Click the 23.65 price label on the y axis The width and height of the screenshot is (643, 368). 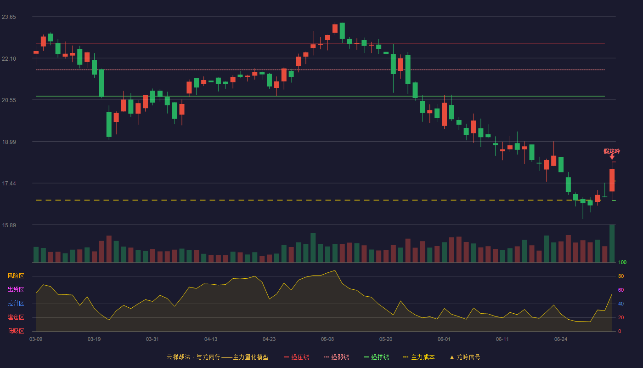tap(9, 17)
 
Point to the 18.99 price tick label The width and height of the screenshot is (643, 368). tap(9, 142)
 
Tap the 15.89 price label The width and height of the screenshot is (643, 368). tap(9, 225)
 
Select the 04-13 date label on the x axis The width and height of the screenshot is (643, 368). tap(211, 339)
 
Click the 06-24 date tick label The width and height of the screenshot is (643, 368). tap(561, 339)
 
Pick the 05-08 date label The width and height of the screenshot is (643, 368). tap(327, 339)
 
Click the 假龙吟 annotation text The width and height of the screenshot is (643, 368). tap(612, 151)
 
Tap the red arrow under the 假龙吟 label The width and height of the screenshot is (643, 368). tap(612, 157)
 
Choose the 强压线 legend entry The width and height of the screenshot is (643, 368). tap(296, 357)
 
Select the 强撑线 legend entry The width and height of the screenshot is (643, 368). tap(376, 357)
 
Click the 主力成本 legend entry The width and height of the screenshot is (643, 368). tap(419, 357)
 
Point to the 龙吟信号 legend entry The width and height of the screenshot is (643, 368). tap(465, 357)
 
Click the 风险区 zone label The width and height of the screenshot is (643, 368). tap(16, 276)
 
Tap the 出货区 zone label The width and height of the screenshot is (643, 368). tap(16, 289)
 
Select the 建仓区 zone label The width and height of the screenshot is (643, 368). tap(16, 317)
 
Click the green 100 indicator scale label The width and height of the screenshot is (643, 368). tap(622, 262)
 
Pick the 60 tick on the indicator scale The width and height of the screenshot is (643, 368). tap(621, 290)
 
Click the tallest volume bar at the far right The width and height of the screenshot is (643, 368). tap(612, 243)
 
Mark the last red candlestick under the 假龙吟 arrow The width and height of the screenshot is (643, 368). tap(612, 180)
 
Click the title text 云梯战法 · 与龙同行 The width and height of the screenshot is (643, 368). tap(193, 357)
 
